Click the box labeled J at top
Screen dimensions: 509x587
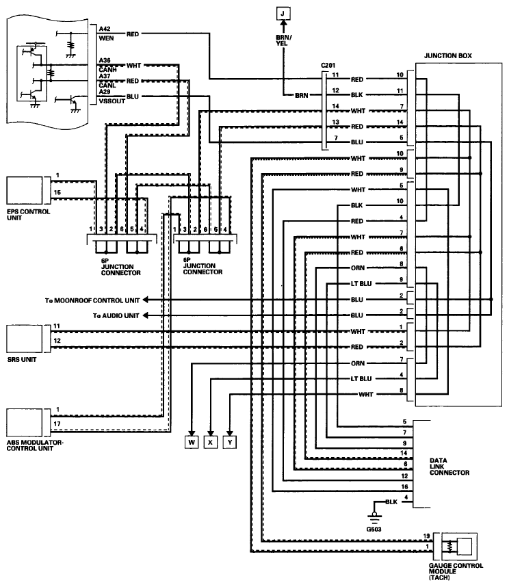pos(283,14)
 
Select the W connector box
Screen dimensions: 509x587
pos(192,442)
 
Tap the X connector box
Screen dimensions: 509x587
pos(210,442)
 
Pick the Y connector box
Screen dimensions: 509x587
pos(230,442)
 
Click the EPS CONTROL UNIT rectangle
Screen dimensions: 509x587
pos(25,191)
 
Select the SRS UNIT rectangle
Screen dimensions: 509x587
pos(25,339)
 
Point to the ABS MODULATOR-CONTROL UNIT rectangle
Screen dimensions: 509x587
pos(25,423)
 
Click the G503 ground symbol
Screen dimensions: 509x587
pos(374,518)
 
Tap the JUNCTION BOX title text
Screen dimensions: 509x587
pos(448,56)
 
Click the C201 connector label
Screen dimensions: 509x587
pos(328,66)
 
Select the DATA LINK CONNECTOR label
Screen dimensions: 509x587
pos(449,467)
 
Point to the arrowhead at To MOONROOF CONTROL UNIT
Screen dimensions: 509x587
pos(146,300)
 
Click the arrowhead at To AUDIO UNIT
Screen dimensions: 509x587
pos(146,315)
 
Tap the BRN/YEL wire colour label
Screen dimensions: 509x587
pos(284,40)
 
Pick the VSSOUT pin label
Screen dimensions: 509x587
pos(112,101)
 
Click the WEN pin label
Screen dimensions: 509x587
pos(106,38)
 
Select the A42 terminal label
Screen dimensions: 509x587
pos(105,29)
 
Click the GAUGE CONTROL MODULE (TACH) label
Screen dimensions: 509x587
pos(456,571)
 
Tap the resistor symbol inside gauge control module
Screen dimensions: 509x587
pos(450,547)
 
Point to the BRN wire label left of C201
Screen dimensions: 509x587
pos(301,96)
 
